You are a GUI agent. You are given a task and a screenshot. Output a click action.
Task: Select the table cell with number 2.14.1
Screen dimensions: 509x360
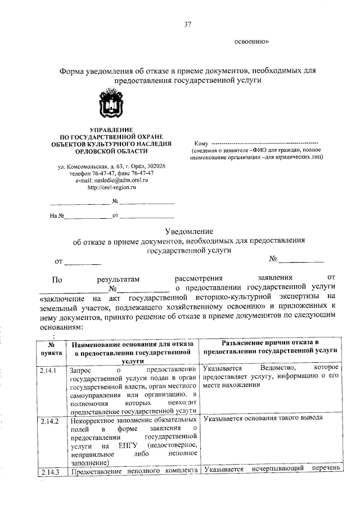click(49, 371)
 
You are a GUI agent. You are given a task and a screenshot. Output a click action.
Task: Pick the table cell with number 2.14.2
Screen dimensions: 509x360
click(49, 420)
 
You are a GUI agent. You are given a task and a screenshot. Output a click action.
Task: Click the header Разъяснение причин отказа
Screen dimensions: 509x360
click(271, 345)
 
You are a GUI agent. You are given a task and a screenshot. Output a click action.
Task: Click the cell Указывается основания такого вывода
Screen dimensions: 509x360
click(263, 419)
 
